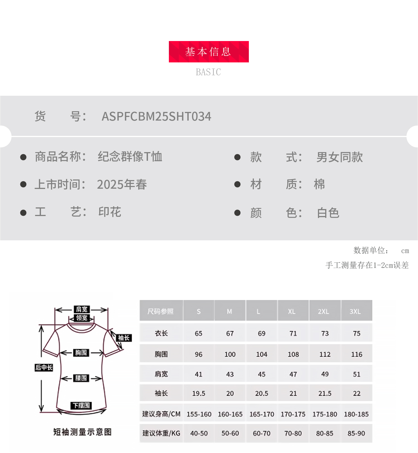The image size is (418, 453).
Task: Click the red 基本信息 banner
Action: click(x=208, y=52)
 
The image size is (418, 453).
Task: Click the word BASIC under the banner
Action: click(x=208, y=72)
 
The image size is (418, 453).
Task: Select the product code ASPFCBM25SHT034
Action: click(x=156, y=116)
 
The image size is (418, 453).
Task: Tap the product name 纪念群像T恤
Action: click(x=130, y=157)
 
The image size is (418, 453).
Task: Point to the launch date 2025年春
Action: click(x=122, y=184)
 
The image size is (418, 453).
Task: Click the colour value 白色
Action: click(x=328, y=213)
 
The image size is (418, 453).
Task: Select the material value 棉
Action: click(x=319, y=184)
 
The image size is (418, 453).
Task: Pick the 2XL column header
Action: click(x=324, y=311)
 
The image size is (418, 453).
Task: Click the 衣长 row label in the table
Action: click(x=161, y=333)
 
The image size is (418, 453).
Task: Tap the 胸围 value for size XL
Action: click(x=293, y=354)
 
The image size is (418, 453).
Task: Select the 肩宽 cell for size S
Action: click(x=198, y=374)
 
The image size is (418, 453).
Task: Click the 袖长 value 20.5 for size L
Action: click(x=261, y=393)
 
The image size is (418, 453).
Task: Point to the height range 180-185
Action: click(x=356, y=414)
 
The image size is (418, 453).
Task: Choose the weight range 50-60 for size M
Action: click(x=230, y=433)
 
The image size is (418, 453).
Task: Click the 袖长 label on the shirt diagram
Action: click(x=124, y=338)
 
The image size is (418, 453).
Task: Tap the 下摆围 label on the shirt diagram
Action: click(x=81, y=405)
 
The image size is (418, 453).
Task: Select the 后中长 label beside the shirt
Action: click(x=44, y=368)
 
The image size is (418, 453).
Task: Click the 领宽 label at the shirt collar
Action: click(x=82, y=318)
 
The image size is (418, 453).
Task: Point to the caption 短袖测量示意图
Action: click(x=82, y=432)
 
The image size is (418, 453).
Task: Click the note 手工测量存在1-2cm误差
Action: click(x=367, y=265)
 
